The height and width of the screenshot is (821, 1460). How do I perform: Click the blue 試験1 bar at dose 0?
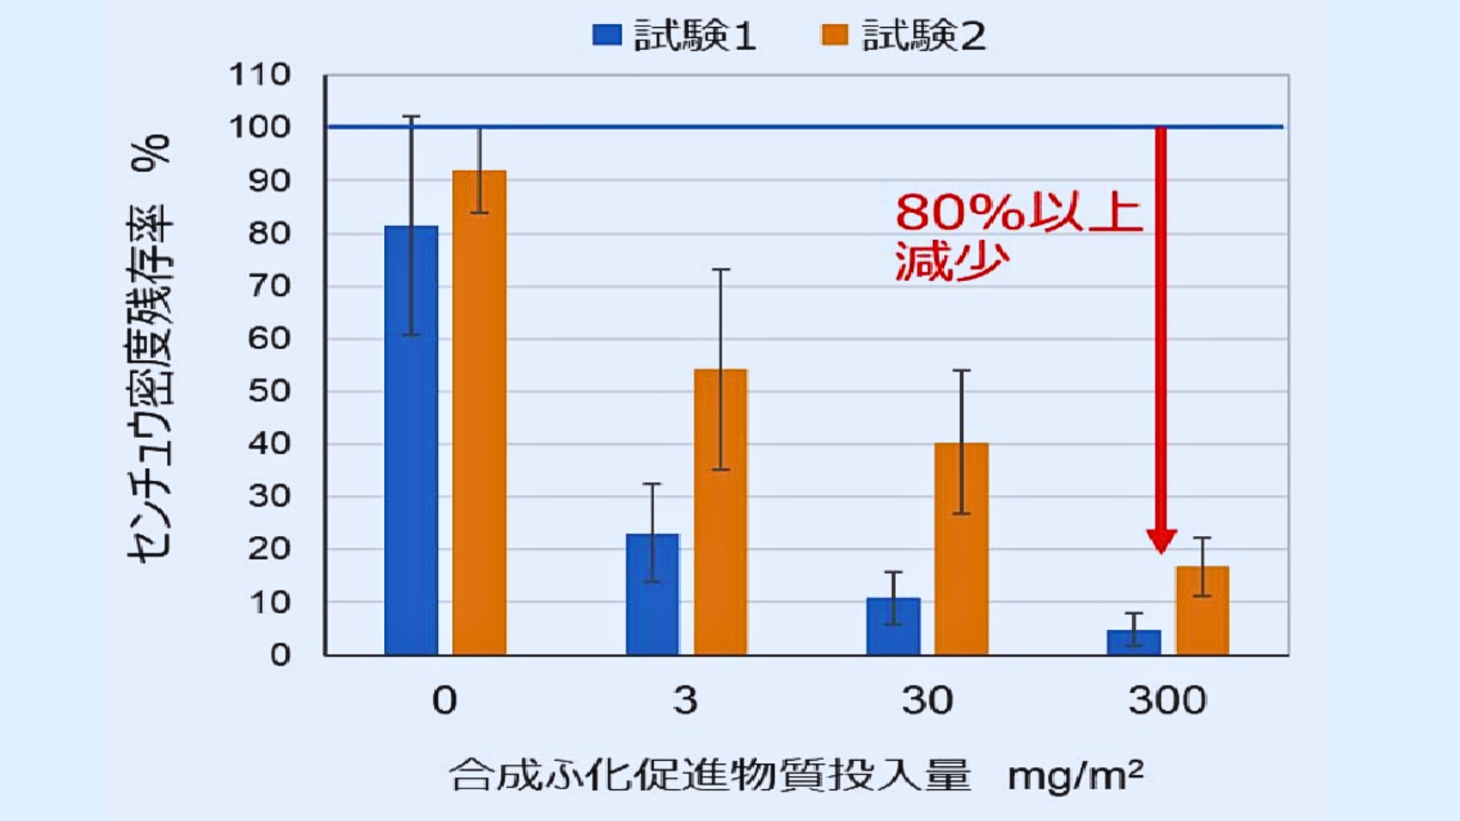tap(411, 440)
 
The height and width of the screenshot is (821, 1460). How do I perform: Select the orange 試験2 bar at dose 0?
tap(479, 413)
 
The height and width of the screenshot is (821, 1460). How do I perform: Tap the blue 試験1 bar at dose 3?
tap(653, 594)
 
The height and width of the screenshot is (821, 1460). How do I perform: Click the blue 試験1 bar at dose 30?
tap(893, 626)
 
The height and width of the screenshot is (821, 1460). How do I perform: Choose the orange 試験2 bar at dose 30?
tap(961, 549)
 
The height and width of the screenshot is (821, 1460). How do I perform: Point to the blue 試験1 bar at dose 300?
tap(1133, 643)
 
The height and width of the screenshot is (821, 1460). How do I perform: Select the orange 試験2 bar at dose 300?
tap(1202, 611)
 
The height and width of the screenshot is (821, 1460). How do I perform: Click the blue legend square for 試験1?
tap(607, 35)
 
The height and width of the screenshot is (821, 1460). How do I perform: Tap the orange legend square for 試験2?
tap(834, 35)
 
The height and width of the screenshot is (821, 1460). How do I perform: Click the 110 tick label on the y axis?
tap(259, 75)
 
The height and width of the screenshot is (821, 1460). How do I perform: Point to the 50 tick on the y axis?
tap(268, 391)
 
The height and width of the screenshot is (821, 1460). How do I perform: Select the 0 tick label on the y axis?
tap(280, 655)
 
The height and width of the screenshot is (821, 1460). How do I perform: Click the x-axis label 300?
tap(1167, 701)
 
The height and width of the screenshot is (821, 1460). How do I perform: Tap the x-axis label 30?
tap(927, 701)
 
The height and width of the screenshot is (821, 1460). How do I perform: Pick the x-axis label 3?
tap(685, 701)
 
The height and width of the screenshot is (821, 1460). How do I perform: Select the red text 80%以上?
tap(1018, 212)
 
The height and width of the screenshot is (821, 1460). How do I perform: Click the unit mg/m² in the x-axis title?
tap(1075, 775)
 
